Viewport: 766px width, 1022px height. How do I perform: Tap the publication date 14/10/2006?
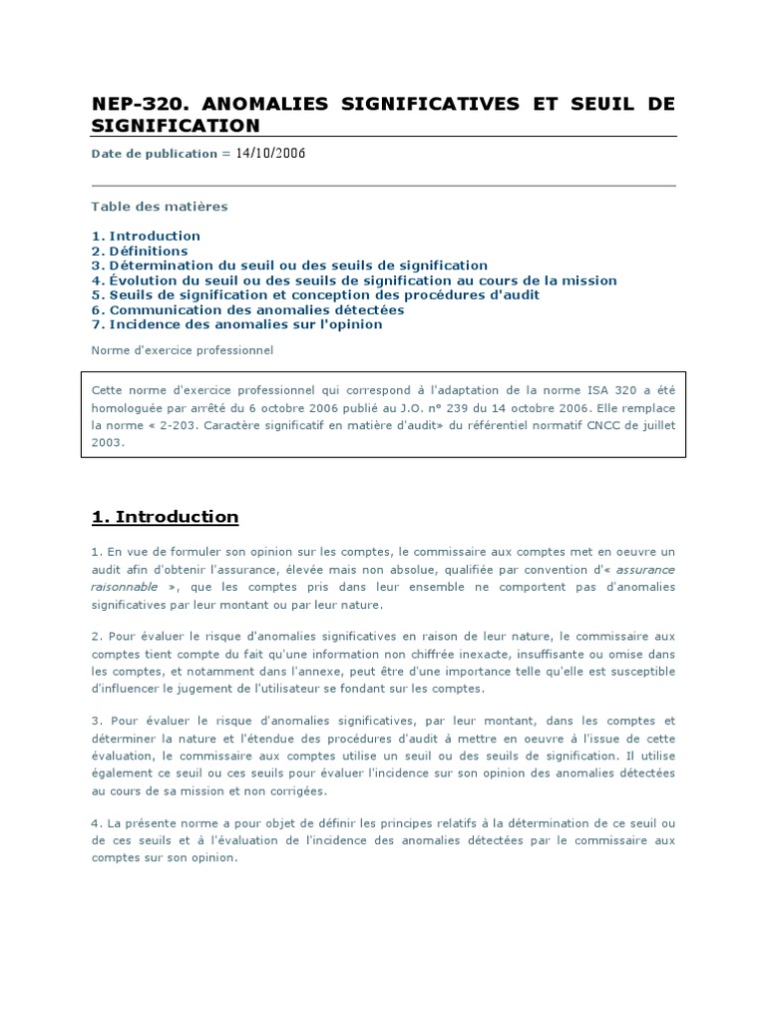point(270,153)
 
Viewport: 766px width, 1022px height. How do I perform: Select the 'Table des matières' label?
point(160,207)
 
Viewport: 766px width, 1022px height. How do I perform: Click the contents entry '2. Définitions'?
point(140,251)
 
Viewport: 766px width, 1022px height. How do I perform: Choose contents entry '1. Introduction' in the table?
point(146,236)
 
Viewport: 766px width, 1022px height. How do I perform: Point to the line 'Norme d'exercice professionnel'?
point(183,350)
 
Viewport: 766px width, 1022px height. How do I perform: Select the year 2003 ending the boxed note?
point(108,443)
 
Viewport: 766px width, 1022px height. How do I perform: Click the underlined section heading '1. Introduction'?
point(166,517)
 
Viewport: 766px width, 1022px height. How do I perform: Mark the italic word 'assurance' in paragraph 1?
point(647,570)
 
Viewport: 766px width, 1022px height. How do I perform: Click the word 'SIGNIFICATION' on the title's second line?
point(176,126)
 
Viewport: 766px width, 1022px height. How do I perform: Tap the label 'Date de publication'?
point(154,154)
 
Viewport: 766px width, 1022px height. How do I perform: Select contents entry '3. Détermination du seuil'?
point(289,265)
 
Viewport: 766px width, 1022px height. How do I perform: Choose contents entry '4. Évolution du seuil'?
point(354,280)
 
